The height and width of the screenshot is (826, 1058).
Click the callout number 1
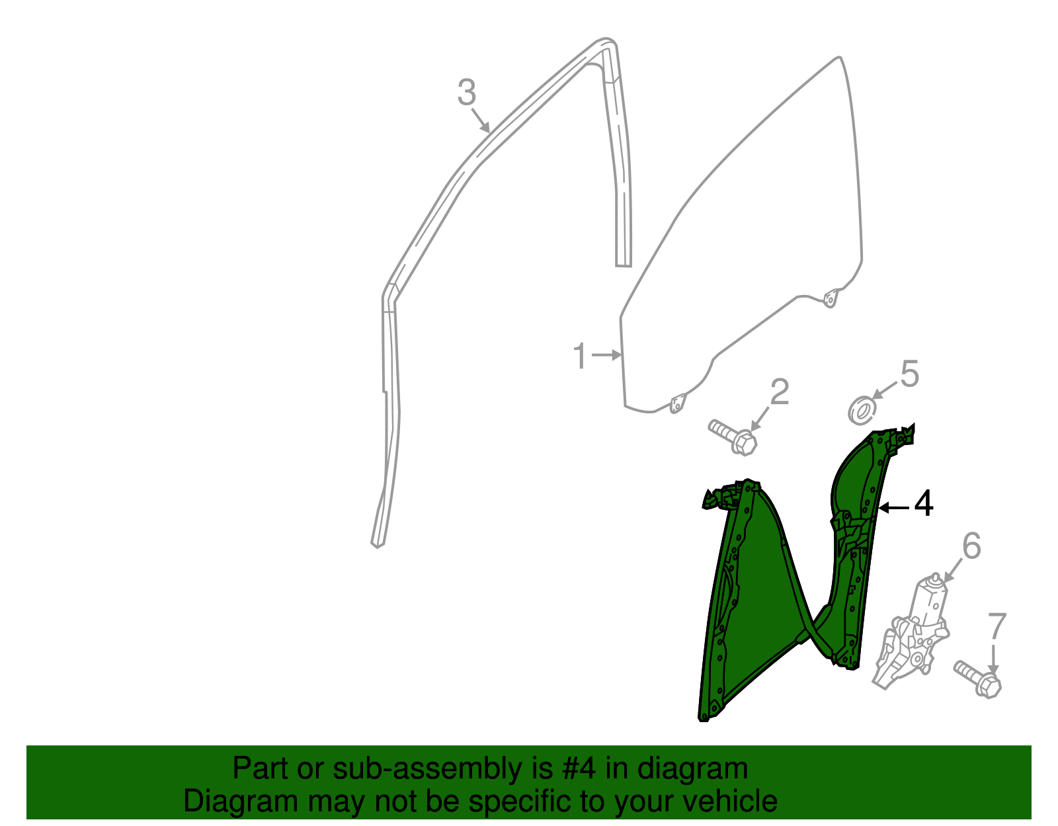point(580,356)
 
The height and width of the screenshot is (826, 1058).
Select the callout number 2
point(780,392)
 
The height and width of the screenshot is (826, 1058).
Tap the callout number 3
point(466,93)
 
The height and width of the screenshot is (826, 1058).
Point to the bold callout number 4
point(923,505)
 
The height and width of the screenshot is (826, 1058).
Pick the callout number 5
point(910,374)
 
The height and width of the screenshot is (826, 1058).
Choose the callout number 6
point(971,546)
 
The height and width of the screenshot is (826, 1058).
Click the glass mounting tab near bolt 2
point(676,403)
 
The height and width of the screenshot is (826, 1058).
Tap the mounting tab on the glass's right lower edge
point(830,299)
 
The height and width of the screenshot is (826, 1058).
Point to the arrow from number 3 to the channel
point(481,121)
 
